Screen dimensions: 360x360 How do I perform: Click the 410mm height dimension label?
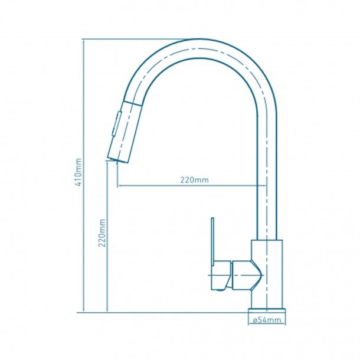[x=78, y=172]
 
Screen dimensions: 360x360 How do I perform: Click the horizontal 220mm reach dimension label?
[x=195, y=180]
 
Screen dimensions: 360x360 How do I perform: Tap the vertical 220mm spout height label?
[x=102, y=233]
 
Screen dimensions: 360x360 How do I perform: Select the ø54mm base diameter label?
[x=267, y=320]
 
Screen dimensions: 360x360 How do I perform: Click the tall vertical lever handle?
[x=212, y=241]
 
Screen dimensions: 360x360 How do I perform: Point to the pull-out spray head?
[x=124, y=132]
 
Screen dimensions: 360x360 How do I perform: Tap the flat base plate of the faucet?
[x=267, y=310]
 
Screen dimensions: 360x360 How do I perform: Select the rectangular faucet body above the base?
[x=267, y=274]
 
